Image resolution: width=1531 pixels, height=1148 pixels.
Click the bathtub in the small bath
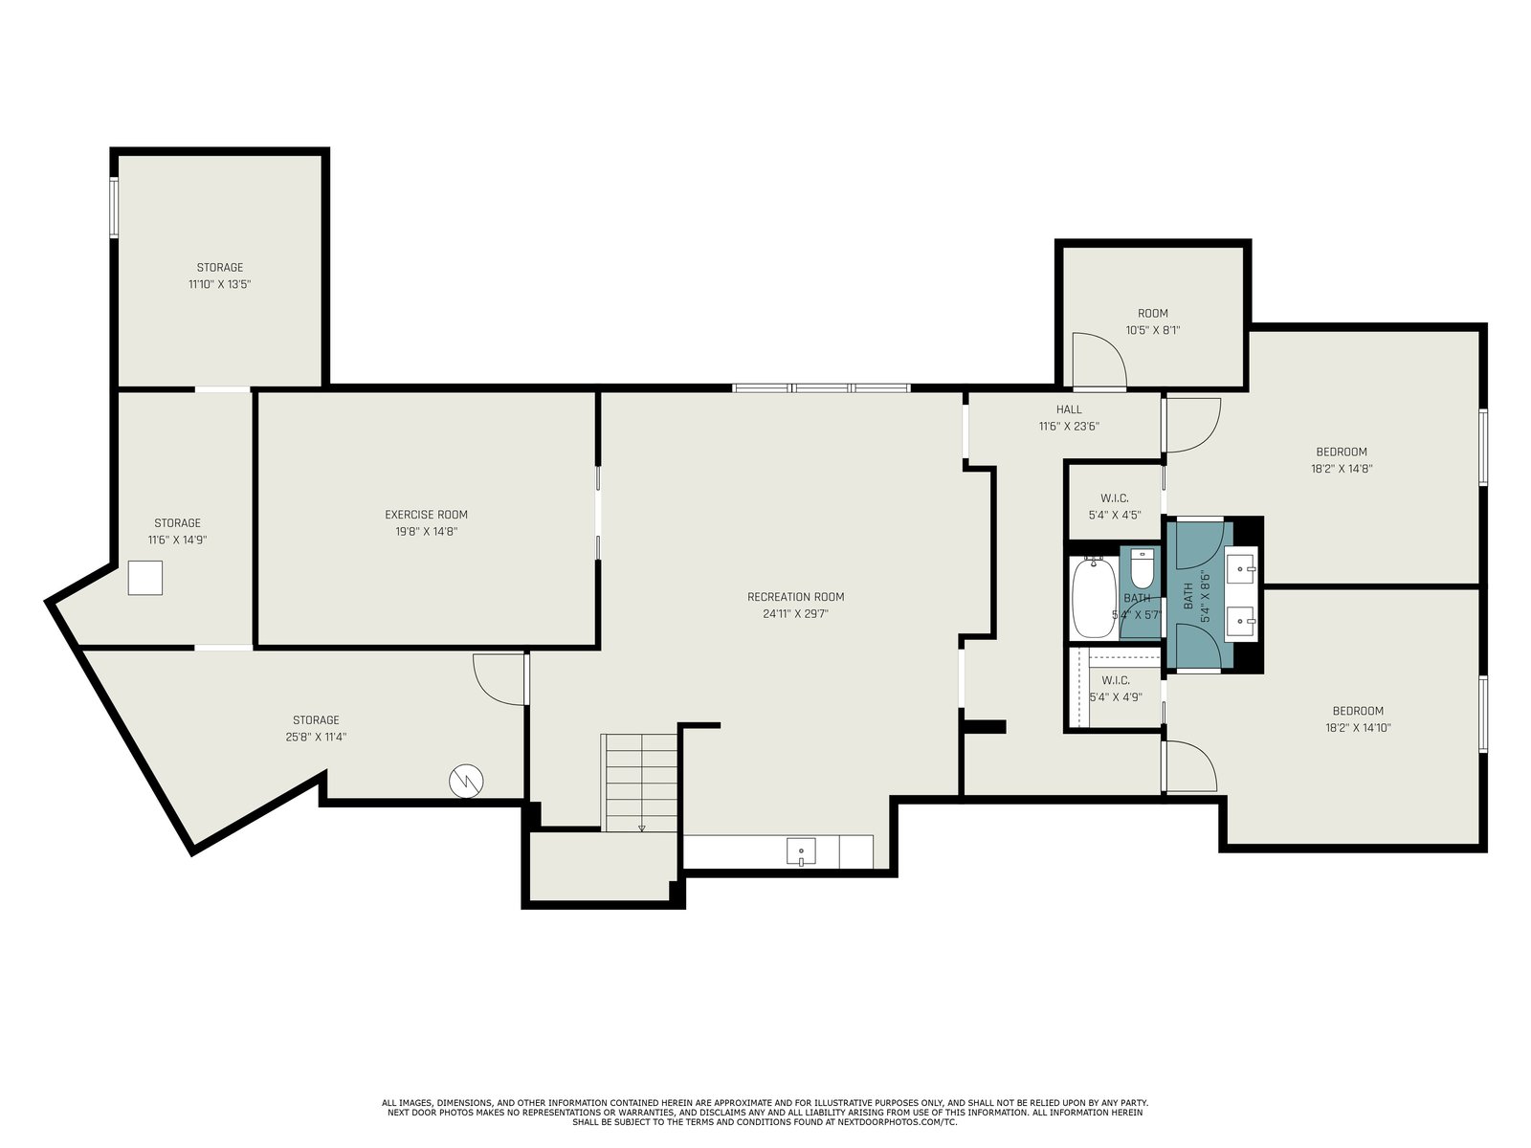pyautogui.click(x=1094, y=598)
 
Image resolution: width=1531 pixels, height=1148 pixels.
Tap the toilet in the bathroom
pyautogui.click(x=1142, y=569)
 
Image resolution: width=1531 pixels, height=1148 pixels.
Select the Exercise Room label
pyautogui.click(x=426, y=515)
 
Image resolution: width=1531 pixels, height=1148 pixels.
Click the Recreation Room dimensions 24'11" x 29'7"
pyautogui.click(x=795, y=614)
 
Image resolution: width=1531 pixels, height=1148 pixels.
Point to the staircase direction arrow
pyautogui.click(x=642, y=828)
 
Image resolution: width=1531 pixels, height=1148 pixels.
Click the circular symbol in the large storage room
pyautogui.click(x=466, y=782)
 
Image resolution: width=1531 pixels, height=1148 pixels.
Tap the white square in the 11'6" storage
pyautogui.click(x=145, y=578)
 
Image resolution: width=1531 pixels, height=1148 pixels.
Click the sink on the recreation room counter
pyautogui.click(x=801, y=851)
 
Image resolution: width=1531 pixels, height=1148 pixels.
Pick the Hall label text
pyautogui.click(x=1069, y=409)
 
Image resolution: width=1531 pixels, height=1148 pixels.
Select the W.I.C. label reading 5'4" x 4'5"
pyautogui.click(x=1115, y=507)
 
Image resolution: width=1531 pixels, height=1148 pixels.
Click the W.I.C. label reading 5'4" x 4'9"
pyautogui.click(x=1116, y=688)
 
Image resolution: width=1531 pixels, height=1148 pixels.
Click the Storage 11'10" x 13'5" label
pyautogui.click(x=220, y=276)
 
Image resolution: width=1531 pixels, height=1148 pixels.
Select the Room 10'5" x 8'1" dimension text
pyautogui.click(x=1152, y=330)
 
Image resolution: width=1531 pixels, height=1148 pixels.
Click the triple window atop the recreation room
pyautogui.click(x=821, y=387)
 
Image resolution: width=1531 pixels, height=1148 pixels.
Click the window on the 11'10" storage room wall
pyautogui.click(x=115, y=207)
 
